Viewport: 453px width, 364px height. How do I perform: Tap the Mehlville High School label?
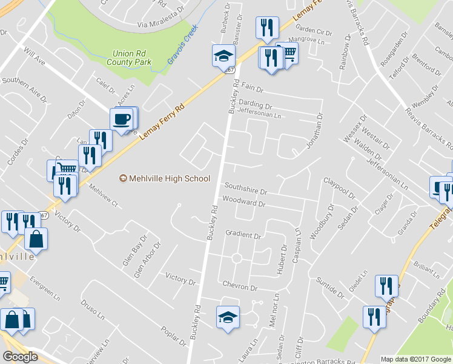point(165,178)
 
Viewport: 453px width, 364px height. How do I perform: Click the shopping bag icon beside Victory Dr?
point(36,238)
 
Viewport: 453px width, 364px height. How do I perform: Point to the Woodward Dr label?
point(244,204)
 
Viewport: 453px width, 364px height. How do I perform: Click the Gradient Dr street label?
point(243,234)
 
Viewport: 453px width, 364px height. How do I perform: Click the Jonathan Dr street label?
point(312,130)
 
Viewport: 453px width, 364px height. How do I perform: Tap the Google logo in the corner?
point(20,357)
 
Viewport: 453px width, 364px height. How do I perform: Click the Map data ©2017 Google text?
point(416,359)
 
